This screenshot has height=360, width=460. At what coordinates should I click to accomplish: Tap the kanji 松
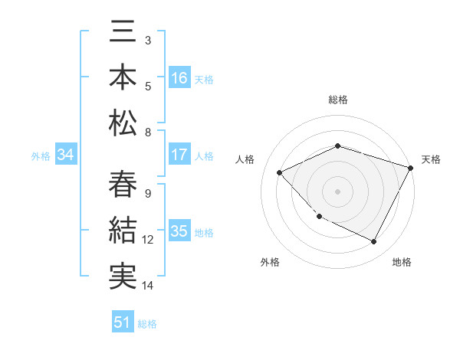pos(123,121)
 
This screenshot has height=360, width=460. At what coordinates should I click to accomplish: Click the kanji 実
pos(123,275)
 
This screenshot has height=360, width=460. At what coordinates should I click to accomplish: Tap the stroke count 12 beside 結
pos(148,240)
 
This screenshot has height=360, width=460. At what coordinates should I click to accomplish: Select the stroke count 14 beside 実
pos(148,286)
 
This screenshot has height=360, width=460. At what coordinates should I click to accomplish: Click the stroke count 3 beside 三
pos(147,39)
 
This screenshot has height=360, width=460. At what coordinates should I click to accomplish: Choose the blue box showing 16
pos(179,78)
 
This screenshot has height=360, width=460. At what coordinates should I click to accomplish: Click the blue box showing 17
pos(179,155)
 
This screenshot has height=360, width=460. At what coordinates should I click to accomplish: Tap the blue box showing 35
pos(179,231)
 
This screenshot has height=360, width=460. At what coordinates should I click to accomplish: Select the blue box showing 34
pos(66,155)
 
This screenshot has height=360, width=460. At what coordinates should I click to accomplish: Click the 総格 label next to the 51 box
pos(147,324)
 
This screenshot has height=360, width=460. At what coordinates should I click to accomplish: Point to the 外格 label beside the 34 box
pos(41,156)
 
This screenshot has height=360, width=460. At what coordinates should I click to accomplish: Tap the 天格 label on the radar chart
pos(431,159)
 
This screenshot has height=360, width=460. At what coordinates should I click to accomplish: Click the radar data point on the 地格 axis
pos(374,242)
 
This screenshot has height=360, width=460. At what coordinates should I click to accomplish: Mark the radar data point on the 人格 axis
pos(280,172)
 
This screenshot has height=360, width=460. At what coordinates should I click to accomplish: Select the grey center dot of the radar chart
pos(337,191)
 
